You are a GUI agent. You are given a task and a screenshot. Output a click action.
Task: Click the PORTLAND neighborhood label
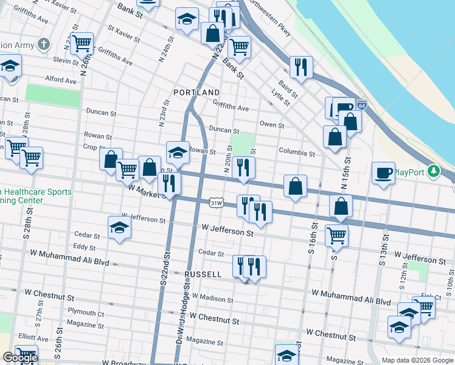[196, 92]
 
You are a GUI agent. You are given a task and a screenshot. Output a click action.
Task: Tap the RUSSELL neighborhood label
[203, 274]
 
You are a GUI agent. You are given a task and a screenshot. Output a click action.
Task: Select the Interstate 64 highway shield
[362, 105]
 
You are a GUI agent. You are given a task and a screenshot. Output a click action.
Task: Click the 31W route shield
[215, 202]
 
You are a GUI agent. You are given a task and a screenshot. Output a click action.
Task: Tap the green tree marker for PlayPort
[433, 172]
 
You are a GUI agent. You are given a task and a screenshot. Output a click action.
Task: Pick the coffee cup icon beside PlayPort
[383, 173]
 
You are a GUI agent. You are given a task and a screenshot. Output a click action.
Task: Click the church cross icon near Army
[43, 44]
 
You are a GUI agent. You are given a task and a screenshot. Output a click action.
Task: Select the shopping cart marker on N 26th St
[82, 43]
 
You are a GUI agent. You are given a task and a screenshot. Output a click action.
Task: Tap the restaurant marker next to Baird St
[301, 67]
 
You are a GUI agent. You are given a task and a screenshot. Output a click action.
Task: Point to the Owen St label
[272, 125]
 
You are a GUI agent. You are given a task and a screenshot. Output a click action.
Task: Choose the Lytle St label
[280, 97]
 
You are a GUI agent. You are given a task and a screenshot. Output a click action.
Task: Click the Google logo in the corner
[20, 358]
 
